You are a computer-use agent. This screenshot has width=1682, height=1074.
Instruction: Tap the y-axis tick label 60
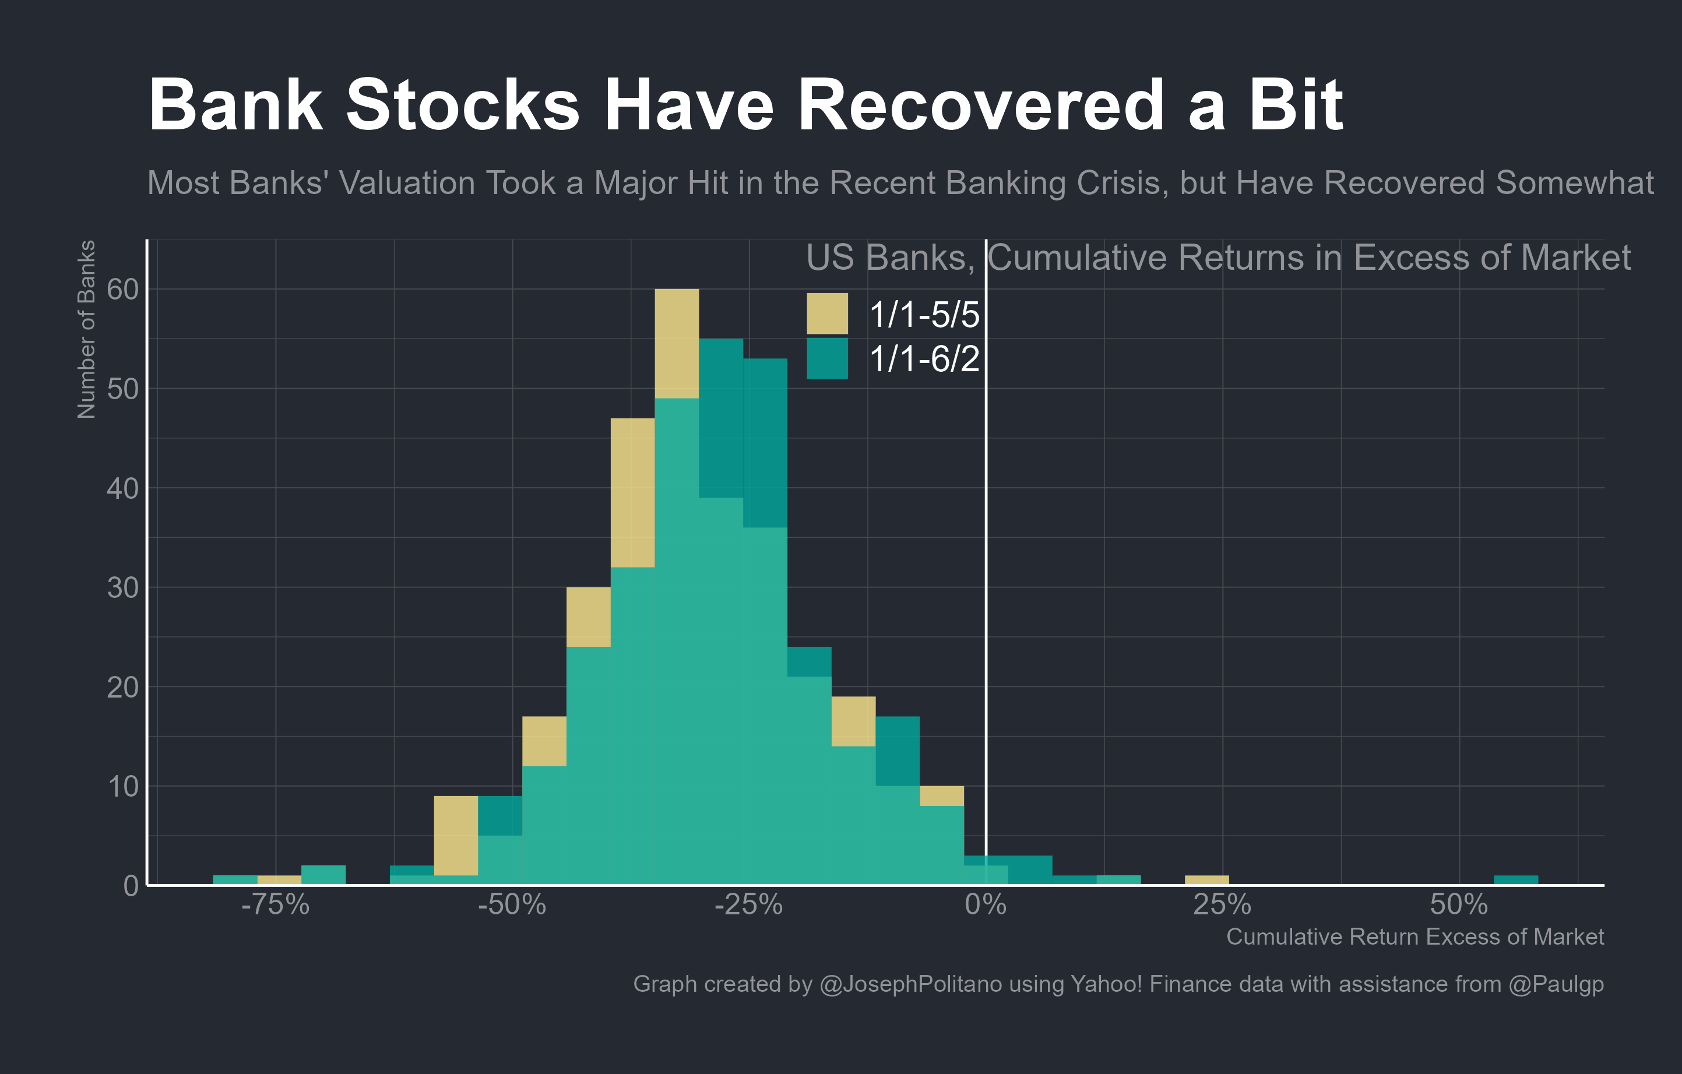click(x=123, y=289)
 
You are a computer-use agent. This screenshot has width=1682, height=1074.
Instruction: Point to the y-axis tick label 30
click(x=123, y=588)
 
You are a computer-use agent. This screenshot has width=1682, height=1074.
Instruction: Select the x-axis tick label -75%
click(x=275, y=905)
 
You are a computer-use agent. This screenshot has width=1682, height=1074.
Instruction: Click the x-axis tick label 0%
click(x=985, y=905)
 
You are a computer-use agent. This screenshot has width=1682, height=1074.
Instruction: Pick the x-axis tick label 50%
click(x=1458, y=905)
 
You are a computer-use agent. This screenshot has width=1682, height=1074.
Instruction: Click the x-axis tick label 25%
click(x=1222, y=905)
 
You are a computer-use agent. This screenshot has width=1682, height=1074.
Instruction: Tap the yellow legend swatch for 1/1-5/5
click(x=827, y=314)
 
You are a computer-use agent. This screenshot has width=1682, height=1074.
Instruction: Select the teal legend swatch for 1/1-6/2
click(x=827, y=358)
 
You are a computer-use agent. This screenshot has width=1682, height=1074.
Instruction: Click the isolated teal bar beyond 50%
click(x=1516, y=880)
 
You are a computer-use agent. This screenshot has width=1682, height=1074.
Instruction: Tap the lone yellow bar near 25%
click(x=1206, y=880)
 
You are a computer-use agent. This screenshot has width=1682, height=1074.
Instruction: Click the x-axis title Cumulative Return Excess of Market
click(x=1414, y=937)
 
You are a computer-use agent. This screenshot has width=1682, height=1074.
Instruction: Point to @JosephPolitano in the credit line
click(x=911, y=984)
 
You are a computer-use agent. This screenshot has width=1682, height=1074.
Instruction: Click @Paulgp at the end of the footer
click(x=1556, y=984)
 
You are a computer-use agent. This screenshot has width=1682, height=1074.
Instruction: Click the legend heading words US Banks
click(x=889, y=258)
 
